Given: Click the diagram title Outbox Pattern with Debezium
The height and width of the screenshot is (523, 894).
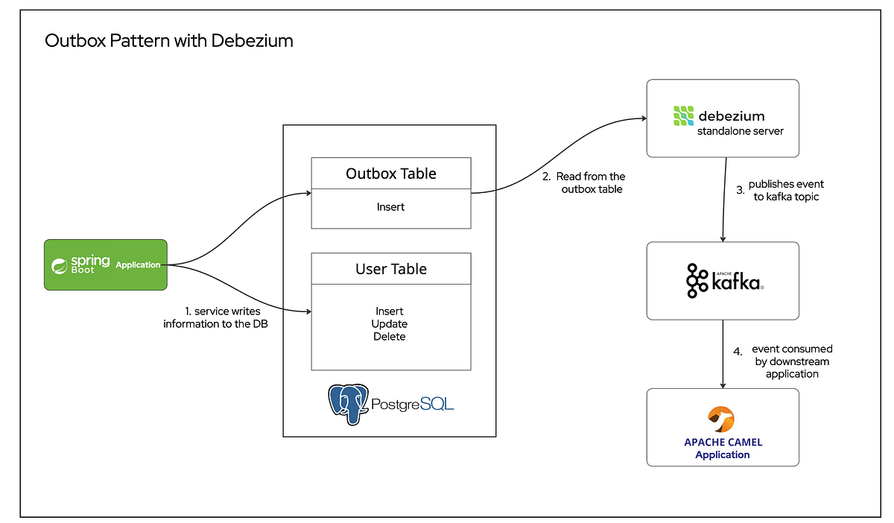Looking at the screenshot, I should [x=169, y=41].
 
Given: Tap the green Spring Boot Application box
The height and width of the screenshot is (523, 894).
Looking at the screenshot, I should [x=105, y=264].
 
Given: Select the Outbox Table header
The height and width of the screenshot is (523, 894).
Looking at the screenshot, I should [x=391, y=174].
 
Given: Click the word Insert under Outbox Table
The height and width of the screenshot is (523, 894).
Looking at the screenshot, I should [x=391, y=207].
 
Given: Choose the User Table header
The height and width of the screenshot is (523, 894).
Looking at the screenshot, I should [x=391, y=269].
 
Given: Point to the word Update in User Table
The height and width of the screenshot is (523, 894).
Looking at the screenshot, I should [x=390, y=324].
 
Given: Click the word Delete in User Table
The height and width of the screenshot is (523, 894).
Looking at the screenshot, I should [x=390, y=337].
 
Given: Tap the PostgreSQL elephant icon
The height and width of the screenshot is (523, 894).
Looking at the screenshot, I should [x=349, y=403].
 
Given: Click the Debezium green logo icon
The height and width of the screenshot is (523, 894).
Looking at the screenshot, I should [x=683, y=116].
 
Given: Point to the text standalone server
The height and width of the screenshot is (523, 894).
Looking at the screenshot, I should [x=740, y=132].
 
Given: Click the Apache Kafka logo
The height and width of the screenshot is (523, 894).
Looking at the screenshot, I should [x=723, y=281].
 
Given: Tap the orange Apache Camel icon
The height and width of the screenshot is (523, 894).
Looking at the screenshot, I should [x=723, y=419].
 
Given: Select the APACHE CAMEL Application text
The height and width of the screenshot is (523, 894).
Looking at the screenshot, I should [x=723, y=448].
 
